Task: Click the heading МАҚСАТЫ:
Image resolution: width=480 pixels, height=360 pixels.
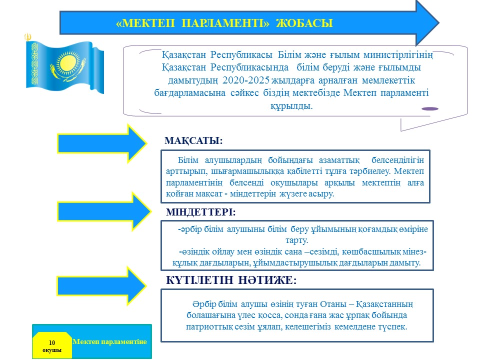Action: point(193,141)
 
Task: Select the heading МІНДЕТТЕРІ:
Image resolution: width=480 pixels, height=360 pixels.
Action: point(200,212)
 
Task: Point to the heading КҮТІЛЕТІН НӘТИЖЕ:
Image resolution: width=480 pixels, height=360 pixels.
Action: point(231,281)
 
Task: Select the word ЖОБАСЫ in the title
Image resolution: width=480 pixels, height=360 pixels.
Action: point(304,23)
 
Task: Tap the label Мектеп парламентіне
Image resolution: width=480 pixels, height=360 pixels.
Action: point(110,341)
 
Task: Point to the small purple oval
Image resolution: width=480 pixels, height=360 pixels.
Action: point(430,108)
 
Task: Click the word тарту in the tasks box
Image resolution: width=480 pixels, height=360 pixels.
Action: point(296,240)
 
